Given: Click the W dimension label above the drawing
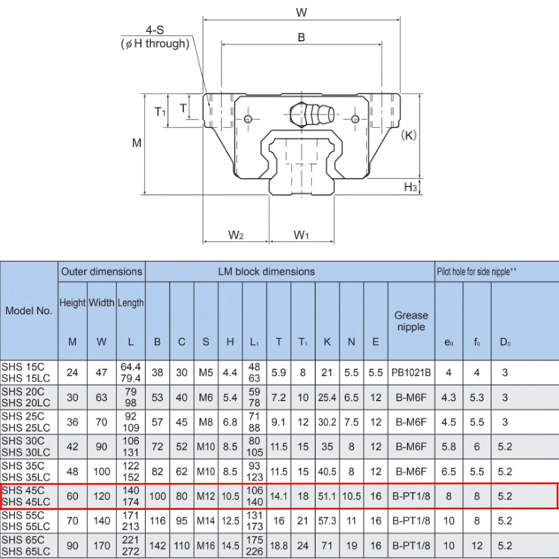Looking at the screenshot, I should (x=301, y=12).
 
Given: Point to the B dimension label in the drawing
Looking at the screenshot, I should (x=301, y=37).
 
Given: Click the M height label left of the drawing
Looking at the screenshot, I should (x=136, y=143).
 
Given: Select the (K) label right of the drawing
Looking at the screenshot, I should (x=409, y=135).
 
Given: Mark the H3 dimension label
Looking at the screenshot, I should (x=410, y=187).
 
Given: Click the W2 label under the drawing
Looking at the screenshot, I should (x=236, y=235).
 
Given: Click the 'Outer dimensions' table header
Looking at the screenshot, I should (x=102, y=272).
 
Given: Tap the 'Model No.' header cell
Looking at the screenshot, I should (x=29, y=311).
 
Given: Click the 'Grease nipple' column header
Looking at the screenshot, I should (x=411, y=321).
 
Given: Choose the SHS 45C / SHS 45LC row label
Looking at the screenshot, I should (x=26, y=496).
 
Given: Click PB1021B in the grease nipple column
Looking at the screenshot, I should (x=411, y=372).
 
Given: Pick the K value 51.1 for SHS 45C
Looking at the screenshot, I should (x=327, y=496).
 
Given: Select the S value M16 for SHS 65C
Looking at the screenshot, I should (x=206, y=546).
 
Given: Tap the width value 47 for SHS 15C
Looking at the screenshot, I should (x=102, y=372).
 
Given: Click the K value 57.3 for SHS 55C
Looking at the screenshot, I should (x=327, y=521).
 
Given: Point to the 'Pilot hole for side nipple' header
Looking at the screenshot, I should (x=476, y=272).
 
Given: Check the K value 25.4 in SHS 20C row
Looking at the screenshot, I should (x=327, y=397).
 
